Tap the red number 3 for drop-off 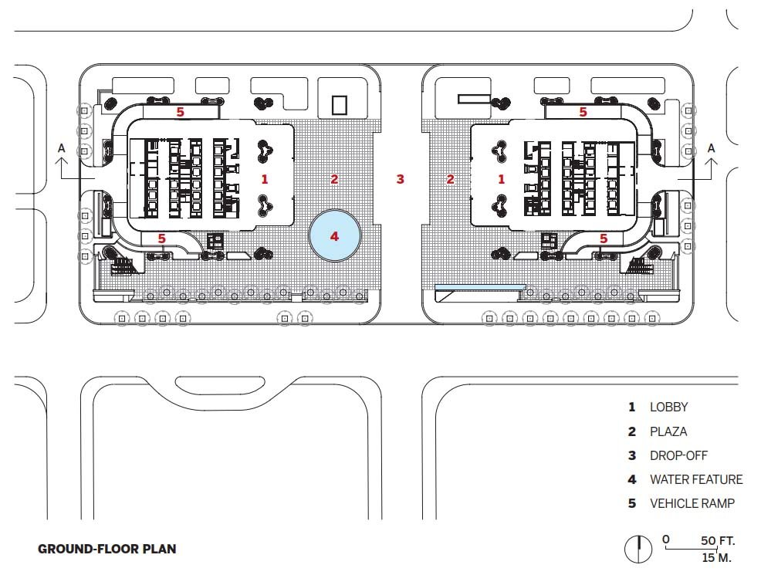[400, 179]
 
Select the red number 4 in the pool [334, 236]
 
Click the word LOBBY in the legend [669, 407]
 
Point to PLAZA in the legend [668, 431]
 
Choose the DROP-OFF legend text [678, 455]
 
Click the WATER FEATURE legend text [696, 479]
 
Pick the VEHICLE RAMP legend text [692, 503]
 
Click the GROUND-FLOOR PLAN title [107, 549]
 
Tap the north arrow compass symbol [638, 550]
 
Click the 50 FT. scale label [718, 540]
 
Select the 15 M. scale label [716, 557]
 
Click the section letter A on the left [62, 147]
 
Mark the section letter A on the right [711, 147]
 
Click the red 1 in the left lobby [265, 179]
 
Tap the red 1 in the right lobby [502, 179]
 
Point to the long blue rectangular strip [480, 287]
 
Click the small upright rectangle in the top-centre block [340, 105]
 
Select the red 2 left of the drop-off [334, 179]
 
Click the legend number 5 [632, 504]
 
